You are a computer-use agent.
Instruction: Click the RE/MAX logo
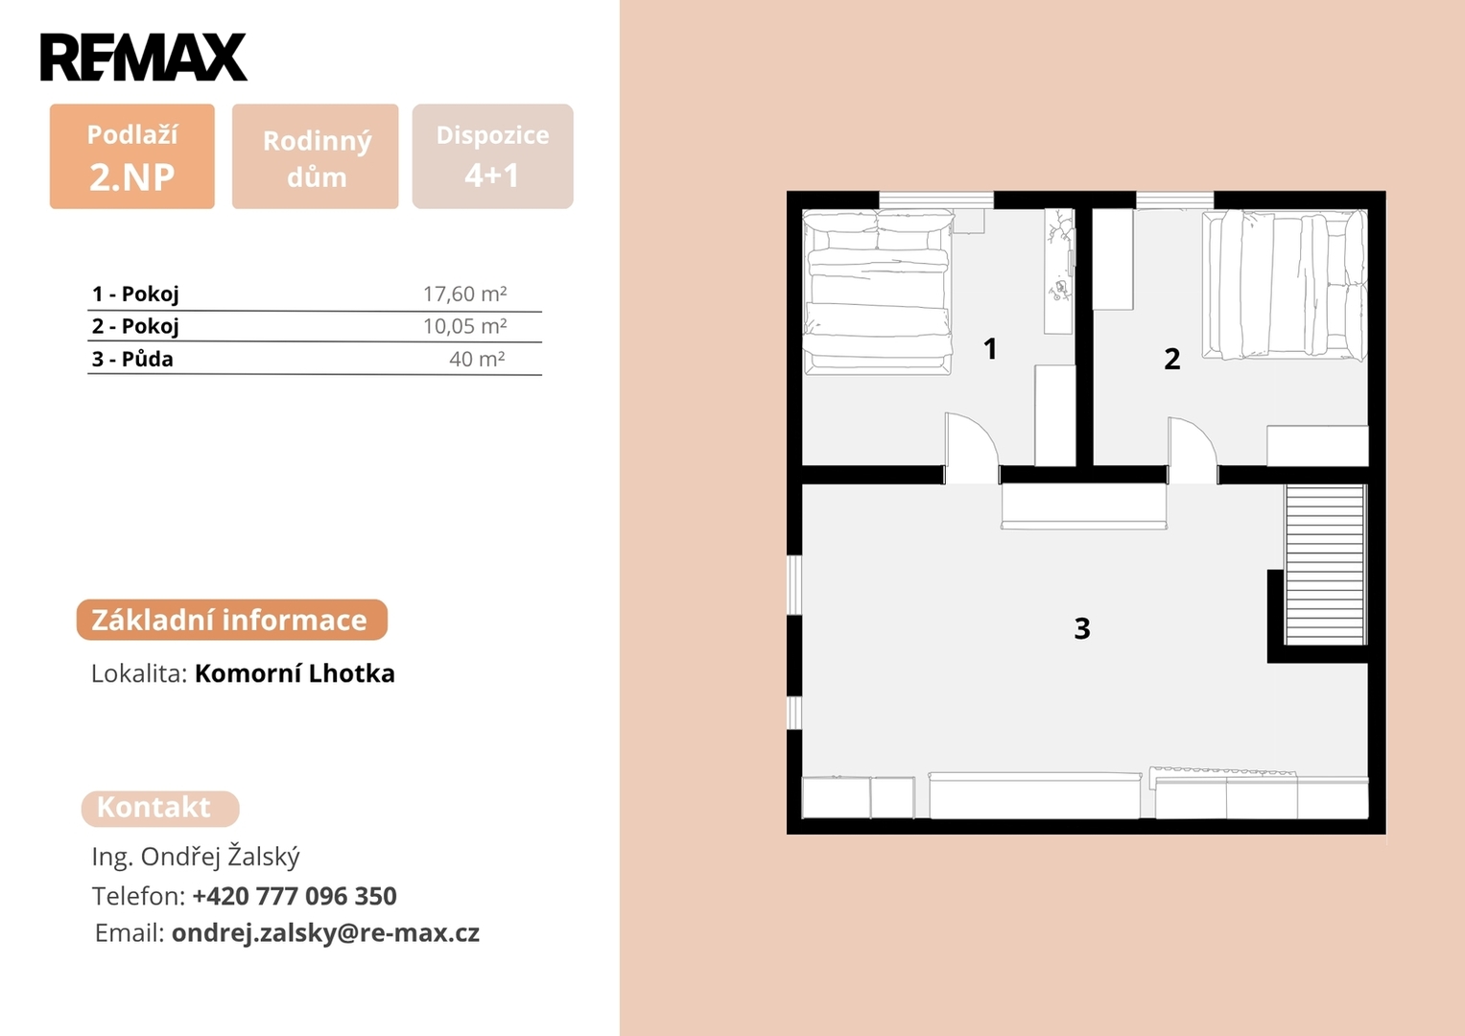(x=144, y=57)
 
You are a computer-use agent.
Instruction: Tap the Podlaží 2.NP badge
(x=132, y=156)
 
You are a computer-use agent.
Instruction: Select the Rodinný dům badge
(x=316, y=156)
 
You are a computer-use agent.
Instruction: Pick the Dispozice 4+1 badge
(x=492, y=156)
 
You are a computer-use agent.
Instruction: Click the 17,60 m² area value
(x=464, y=294)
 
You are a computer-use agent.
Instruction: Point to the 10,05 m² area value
(x=464, y=326)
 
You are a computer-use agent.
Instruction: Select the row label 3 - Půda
(x=132, y=359)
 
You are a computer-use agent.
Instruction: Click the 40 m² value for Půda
(x=477, y=359)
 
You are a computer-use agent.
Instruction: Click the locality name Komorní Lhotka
(x=295, y=673)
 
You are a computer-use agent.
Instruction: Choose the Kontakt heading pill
(x=160, y=809)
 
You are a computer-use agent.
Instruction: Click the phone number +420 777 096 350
(x=295, y=895)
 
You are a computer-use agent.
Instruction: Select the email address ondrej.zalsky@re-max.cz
(x=325, y=932)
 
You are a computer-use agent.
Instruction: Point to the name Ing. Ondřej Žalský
(x=196, y=856)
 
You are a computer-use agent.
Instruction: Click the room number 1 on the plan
(x=990, y=348)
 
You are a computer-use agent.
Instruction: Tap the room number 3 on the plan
(x=1082, y=628)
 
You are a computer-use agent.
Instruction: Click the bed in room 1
(x=878, y=292)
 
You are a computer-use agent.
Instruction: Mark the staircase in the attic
(x=1326, y=565)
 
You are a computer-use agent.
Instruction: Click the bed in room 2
(x=1285, y=285)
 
